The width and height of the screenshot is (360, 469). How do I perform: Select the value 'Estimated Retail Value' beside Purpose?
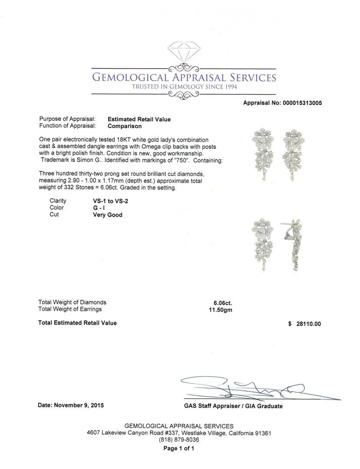pos(139,119)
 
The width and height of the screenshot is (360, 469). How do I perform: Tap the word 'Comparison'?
pos(125,126)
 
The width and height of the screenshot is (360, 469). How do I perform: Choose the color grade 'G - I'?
pos(93,208)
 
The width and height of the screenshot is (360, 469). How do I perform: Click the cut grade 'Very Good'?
pos(108,215)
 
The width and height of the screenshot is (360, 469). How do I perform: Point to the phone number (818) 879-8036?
pos(179,439)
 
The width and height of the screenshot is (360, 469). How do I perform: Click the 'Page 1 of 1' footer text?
pos(179,449)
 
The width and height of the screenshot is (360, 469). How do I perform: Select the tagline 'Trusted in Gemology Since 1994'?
pos(184,87)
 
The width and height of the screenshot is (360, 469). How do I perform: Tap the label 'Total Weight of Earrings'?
pos(70,309)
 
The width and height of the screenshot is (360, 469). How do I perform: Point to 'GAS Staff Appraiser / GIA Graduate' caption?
pos(233,406)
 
